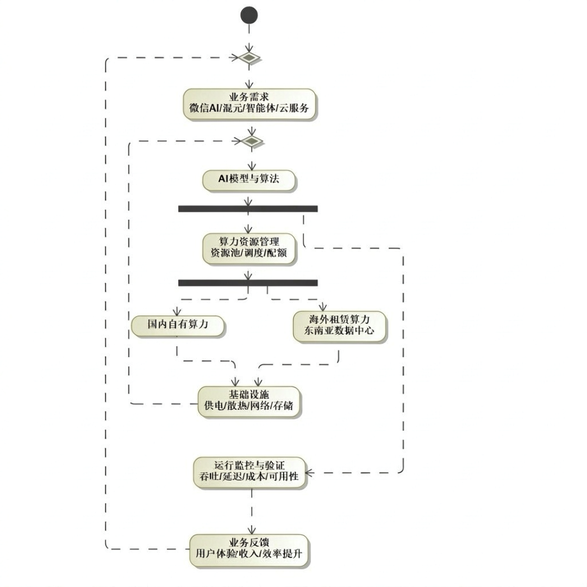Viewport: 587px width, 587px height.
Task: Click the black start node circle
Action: (x=249, y=15)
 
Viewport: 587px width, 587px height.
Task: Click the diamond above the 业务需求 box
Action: (x=249, y=58)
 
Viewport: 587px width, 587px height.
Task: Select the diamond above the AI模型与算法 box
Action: (x=252, y=141)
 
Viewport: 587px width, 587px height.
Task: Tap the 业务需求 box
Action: (x=249, y=104)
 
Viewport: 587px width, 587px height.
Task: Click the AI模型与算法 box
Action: (x=249, y=180)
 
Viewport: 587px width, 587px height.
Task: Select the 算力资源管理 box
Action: (x=249, y=248)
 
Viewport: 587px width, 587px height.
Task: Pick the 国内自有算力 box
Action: (x=177, y=326)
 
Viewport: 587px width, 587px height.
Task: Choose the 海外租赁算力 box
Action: (x=339, y=327)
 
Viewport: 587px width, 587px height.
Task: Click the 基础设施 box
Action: (x=249, y=402)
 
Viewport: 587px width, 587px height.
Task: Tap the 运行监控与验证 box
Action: (x=249, y=472)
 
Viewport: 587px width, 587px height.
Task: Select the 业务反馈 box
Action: (x=249, y=549)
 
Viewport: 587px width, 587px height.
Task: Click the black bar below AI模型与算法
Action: (x=248, y=209)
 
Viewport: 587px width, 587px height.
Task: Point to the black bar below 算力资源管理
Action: (x=248, y=283)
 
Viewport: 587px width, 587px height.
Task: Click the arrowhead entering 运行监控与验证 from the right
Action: (x=309, y=473)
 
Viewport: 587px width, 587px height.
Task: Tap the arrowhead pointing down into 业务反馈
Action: (x=252, y=530)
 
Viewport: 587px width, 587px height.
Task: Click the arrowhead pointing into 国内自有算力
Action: (x=177, y=312)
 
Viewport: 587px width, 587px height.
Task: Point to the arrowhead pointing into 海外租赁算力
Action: (x=323, y=307)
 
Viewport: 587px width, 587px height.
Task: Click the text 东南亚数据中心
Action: (x=339, y=330)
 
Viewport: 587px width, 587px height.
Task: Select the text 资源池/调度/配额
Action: (x=248, y=253)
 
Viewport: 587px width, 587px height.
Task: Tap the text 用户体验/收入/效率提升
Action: (x=249, y=554)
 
